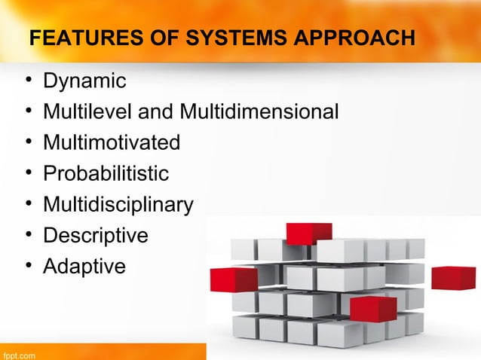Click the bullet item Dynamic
[x=84, y=81]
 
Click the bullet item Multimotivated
[x=112, y=143]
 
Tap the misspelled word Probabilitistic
[x=106, y=174]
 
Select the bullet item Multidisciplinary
[x=118, y=205]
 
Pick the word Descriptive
[x=96, y=236]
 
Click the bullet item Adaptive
[x=84, y=267]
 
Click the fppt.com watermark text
[x=19, y=352]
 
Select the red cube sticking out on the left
[x=234, y=279]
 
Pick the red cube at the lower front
[x=372, y=308]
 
